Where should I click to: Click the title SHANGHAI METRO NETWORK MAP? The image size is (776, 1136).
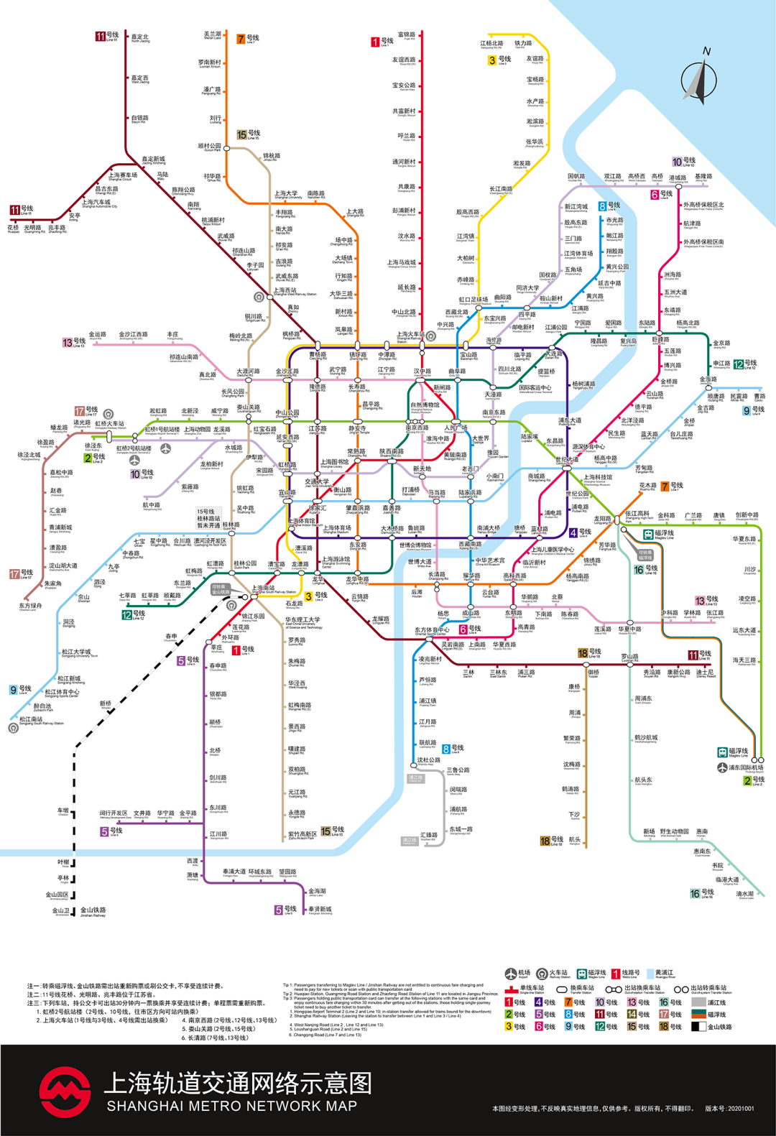tap(231, 1107)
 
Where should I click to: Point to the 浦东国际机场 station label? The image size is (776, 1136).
tap(747, 767)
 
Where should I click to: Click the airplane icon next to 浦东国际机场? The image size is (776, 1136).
tap(722, 767)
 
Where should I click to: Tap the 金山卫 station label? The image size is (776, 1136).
tap(61, 911)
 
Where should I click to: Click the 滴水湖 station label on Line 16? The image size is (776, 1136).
tap(745, 895)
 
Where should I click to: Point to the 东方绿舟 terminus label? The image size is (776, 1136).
tap(30, 606)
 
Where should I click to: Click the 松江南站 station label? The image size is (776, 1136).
tap(31, 719)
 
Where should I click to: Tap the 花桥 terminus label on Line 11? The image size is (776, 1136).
tap(13, 228)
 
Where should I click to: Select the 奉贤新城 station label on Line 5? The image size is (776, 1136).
tap(320, 910)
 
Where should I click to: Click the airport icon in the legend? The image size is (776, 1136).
tap(511, 974)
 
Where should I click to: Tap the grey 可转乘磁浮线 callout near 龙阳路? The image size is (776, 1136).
tap(645, 555)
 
